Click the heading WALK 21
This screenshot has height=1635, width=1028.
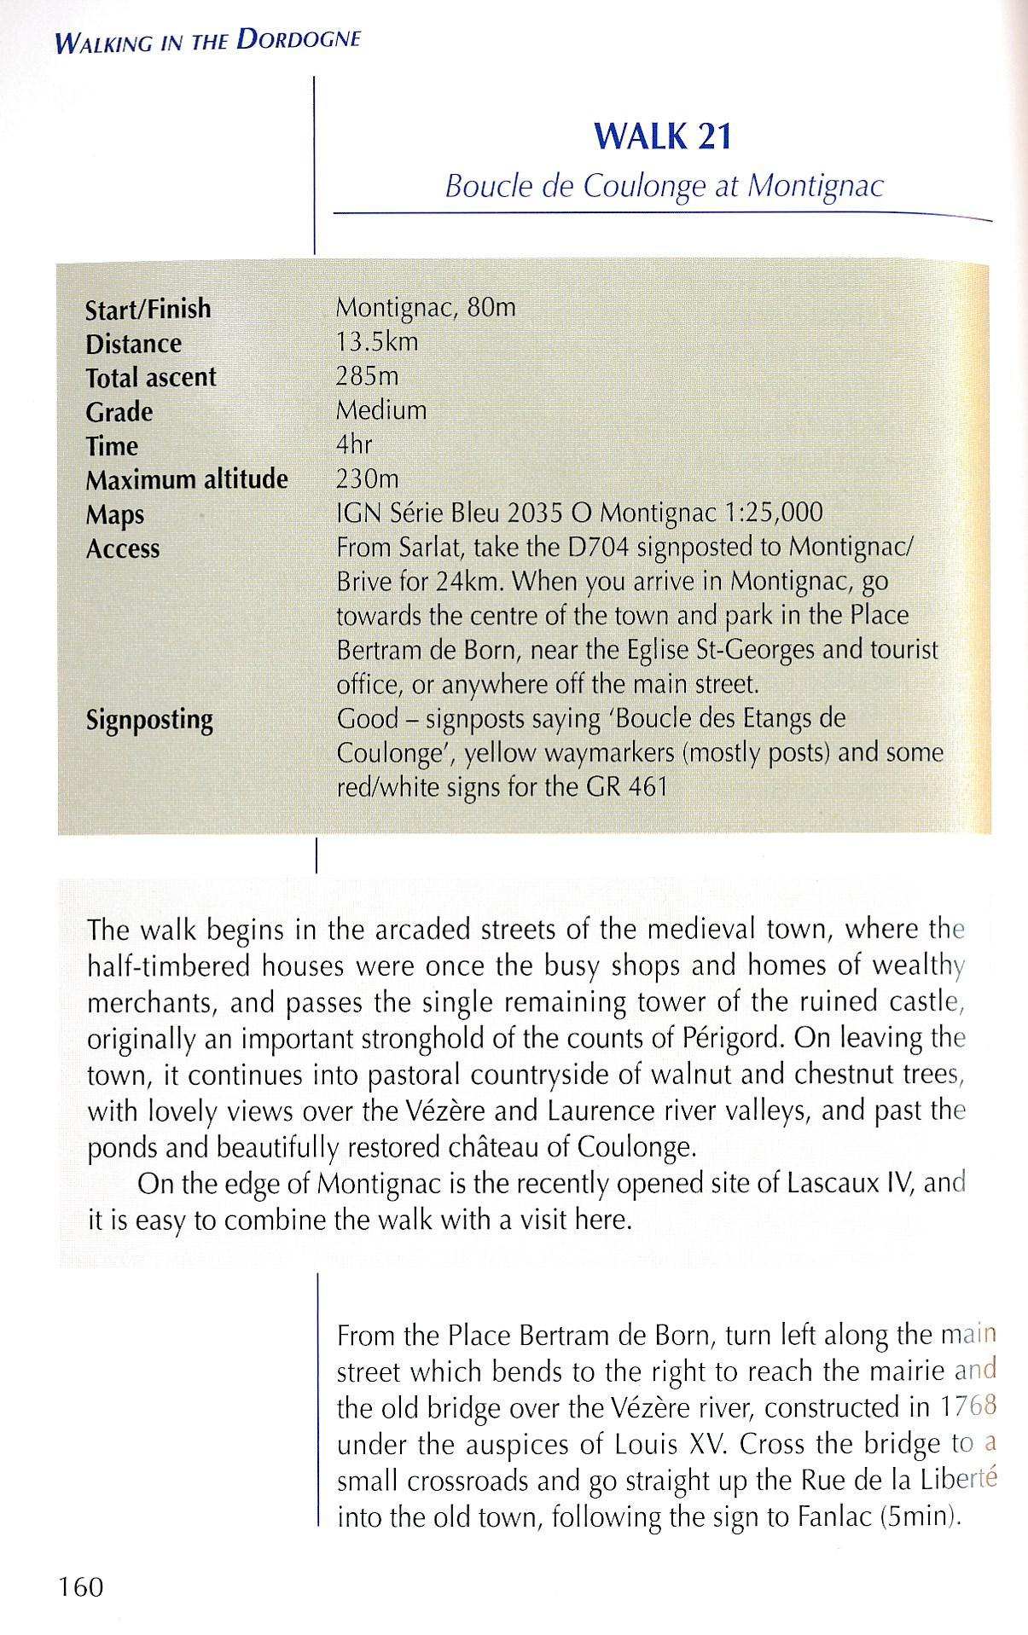click(x=663, y=137)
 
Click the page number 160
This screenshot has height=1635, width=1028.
click(x=81, y=1587)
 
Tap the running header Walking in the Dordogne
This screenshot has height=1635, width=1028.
click(x=207, y=41)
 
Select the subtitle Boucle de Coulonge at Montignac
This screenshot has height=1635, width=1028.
click(x=664, y=186)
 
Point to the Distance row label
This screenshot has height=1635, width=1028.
click(x=133, y=344)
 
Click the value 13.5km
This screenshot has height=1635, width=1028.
click(x=377, y=342)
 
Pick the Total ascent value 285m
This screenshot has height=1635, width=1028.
click(x=367, y=376)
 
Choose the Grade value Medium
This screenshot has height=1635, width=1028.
click(x=381, y=410)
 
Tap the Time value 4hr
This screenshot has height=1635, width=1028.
click(x=354, y=444)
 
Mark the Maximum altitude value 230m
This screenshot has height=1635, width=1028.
click(x=367, y=478)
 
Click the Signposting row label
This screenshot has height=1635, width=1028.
click(x=149, y=720)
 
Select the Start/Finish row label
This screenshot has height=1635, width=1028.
click(x=148, y=309)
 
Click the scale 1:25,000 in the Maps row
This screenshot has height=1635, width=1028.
click(x=773, y=513)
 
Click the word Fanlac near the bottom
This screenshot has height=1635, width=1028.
click(x=834, y=1517)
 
